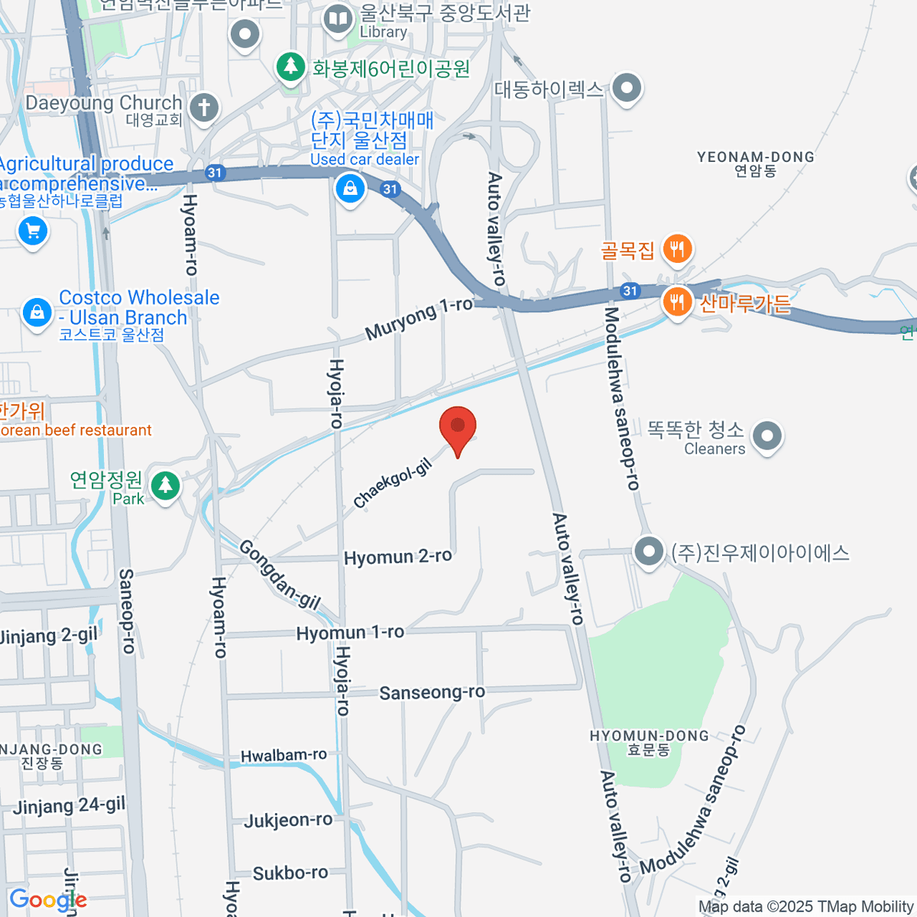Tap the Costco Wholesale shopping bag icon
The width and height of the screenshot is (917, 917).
coord(37,312)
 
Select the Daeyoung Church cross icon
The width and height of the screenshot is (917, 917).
coord(203,107)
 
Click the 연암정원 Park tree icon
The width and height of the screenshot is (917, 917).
coord(165,485)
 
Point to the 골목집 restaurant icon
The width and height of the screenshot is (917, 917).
coord(677,248)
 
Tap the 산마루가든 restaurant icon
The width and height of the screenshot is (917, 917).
coord(677,302)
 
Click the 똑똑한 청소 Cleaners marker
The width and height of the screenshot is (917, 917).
coord(767,436)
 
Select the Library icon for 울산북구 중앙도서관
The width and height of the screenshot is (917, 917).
coord(338,18)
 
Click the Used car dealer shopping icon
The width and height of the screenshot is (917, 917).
coord(350,187)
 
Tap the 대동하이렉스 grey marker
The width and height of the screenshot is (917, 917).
coord(627,88)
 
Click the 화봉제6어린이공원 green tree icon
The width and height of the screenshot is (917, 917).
coord(290,66)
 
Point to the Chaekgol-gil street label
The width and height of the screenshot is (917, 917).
coord(393,484)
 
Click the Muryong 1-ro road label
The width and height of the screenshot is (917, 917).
coord(419,318)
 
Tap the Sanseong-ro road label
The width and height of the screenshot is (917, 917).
coord(432,692)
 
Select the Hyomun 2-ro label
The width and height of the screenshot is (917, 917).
coord(397,557)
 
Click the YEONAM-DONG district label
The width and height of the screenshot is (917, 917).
coord(755,164)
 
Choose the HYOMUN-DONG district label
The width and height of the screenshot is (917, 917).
coord(649,742)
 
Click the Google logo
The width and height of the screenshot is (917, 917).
coord(47,900)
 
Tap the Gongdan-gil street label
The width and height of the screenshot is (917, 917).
coord(280,574)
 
